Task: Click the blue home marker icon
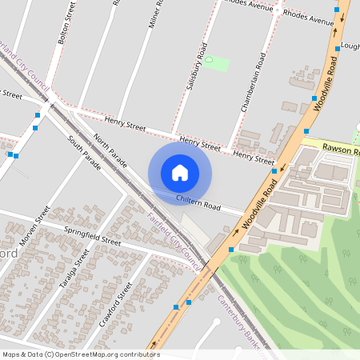[180, 173]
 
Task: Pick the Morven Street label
[37, 226]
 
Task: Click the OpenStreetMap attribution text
[81, 354]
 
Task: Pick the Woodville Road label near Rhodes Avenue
[328, 81]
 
